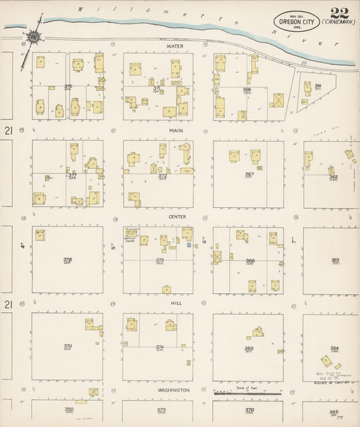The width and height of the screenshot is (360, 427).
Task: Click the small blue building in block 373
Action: tap(188, 245)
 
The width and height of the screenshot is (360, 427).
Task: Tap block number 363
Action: tap(335, 259)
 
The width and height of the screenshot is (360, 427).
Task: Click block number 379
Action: tap(68, 347)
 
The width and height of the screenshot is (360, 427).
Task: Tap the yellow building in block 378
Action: tap(40, 234)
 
